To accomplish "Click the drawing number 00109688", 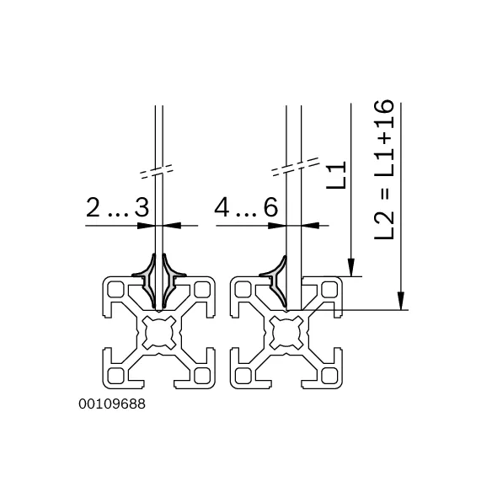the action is coord(112,404).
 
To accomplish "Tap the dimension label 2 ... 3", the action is coord(117,208).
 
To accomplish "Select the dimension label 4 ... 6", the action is coord(246,207).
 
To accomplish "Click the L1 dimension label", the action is coord(336,175).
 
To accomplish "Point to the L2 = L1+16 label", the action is coord(384,169).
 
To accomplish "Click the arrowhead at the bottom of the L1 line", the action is coord(351,267).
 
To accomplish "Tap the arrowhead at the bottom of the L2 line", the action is coord(401,301).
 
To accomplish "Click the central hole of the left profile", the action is coord(159,333).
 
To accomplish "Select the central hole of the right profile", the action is coord(286,333).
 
